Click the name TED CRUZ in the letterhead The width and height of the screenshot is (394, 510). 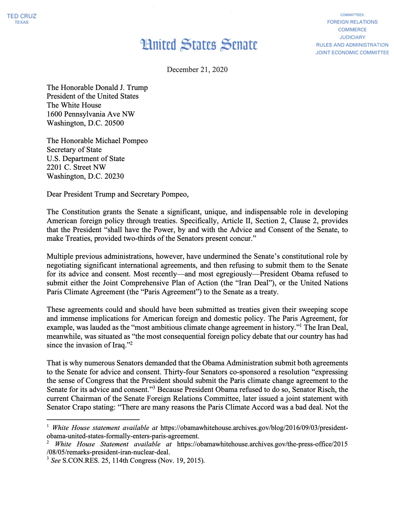(x=22, y=16)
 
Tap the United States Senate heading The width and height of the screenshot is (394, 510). (x=199, y=45)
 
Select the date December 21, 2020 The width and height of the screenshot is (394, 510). (x=197, y=70)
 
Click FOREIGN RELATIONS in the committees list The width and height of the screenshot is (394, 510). (x=352, y=22)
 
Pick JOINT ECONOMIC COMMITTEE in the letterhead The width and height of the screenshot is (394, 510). (x=352, y=53)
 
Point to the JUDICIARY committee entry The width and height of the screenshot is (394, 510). (x=352, y=37)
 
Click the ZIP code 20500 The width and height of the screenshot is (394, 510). (x=114, y=123)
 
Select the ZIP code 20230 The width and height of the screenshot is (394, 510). (x=114, y=176)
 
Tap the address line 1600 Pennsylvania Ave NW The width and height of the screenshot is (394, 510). (x=91, y=114)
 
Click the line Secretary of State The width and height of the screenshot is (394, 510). (x=74, y=150)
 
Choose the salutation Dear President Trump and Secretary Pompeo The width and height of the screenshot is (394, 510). (x=117, y=194)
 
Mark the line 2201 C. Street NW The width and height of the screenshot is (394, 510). (x=76, y=167)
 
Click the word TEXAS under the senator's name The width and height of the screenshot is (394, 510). (x=22, y=22)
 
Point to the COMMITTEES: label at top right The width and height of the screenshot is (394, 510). (x=352, y=15)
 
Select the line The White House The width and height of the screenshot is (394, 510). (x=74, y=105)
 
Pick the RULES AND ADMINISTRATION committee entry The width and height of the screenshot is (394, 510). (x=352, y=45)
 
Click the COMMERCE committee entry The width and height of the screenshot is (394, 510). (x=352, y=30)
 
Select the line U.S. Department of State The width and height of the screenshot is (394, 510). (x=86, y=159)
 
